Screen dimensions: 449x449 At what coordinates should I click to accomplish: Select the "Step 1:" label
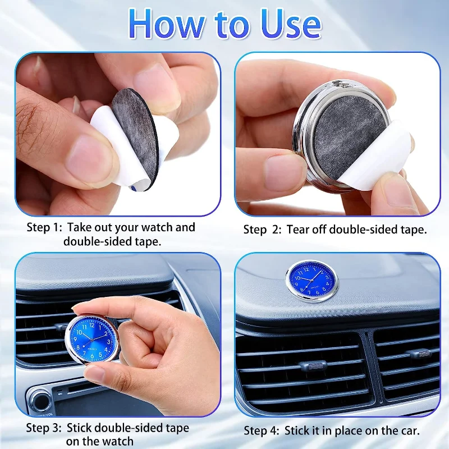click(x=44, y=228)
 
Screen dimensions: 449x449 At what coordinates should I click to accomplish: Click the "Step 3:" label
click(x=44, y=428)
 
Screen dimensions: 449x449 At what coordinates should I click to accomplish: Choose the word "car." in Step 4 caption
click(x=408, y=431)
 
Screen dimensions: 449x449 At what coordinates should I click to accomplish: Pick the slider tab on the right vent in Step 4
click(x=421, y=354)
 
